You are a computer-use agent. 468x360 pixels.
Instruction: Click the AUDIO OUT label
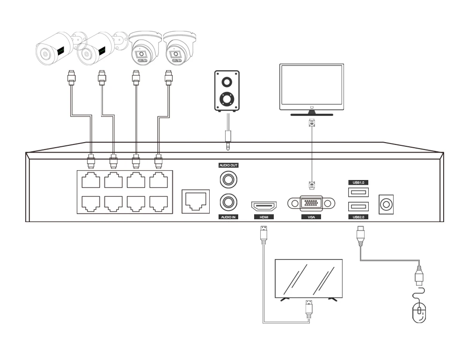[x=228, y=165]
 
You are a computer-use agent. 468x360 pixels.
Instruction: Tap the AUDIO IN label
[x=228, y=217]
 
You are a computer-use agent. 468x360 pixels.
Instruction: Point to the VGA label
[x=311, y=217]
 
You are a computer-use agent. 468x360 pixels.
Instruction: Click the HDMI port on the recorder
[x=264, y=206]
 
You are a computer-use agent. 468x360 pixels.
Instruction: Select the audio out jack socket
[x=228, y=178]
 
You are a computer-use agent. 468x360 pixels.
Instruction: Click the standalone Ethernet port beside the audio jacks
[x=194, y=202]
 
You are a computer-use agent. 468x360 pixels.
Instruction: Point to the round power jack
[x=386, y=204]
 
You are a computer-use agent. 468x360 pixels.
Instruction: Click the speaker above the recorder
[x=227, y=91]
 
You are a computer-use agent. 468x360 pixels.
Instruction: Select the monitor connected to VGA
[x=311, y=88]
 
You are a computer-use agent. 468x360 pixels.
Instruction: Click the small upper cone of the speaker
[x=227, y=81]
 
